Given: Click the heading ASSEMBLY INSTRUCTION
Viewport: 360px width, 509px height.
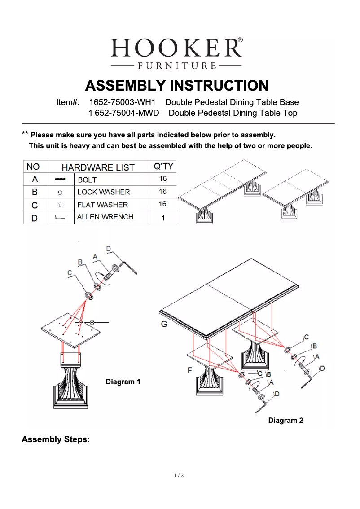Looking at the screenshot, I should click(177, 85).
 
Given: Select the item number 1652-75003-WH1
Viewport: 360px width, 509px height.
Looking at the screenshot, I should click(122, 102).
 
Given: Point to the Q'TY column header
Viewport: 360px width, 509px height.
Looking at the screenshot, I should click(163, 167).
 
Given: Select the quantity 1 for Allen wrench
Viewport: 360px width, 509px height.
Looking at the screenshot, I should click(163, 218).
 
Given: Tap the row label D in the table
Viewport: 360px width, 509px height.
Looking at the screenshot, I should click(34, 218).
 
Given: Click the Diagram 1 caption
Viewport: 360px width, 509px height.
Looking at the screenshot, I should click(123, 382).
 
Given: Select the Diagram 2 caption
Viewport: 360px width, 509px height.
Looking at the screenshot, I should click(285, 421).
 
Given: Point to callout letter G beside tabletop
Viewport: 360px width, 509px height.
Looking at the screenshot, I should click(164, 324).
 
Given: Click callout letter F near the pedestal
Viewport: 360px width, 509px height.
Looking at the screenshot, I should click(190, 370).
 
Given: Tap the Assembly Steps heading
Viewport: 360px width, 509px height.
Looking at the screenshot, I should click(56, 439).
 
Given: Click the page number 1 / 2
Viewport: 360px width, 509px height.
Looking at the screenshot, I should click(179, 475).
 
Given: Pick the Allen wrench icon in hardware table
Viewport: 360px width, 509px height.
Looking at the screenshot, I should click(60, 218).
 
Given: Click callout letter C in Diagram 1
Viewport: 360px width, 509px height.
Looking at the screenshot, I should click(70, 272).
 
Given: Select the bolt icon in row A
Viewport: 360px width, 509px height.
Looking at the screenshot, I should click(60, 180).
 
